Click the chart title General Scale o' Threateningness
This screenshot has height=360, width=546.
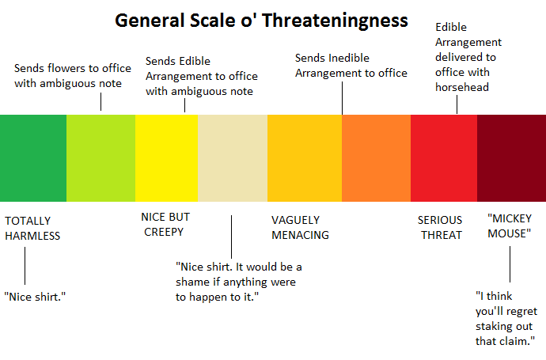point(262,20)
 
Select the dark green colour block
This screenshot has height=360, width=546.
point(33,157)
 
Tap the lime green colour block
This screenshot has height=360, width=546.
point(100,157)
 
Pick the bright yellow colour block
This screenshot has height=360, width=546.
point(166,157)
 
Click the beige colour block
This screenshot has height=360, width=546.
point(232,157)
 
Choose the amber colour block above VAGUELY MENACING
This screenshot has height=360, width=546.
point(304,157)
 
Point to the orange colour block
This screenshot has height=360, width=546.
point(376,157)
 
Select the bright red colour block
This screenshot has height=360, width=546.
point(443,157)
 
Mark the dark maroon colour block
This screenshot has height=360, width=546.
point(511,157)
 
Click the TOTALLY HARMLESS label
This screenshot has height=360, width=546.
point(32,228)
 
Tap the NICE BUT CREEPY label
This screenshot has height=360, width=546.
point(165,224)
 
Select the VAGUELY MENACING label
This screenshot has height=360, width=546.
point(300,227)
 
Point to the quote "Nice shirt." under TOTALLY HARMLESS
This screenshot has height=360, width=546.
point(35,296)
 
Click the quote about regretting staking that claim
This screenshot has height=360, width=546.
point(506,319)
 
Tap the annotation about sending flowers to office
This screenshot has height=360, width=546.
point(73,76)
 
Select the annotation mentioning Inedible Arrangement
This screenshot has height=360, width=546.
point(351,66)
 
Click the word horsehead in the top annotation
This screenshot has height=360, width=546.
point(462,87)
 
